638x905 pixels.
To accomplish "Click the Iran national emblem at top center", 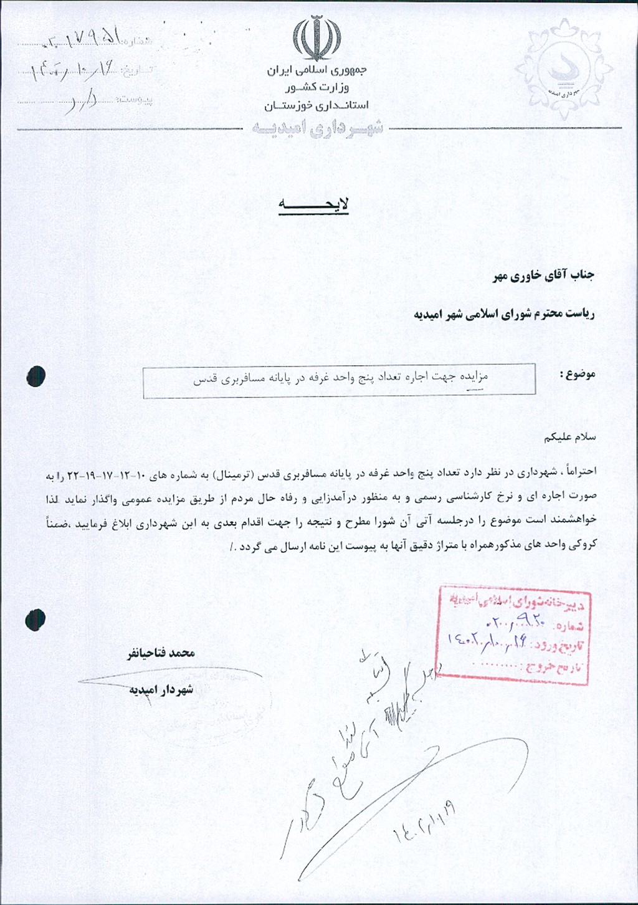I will point(317,38).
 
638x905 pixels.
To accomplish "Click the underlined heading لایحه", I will point(313,204).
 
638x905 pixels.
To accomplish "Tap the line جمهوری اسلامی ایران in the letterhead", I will point(317,70).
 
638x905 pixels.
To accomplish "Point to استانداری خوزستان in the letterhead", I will point(317,105).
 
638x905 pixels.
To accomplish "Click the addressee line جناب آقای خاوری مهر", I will point(544,275).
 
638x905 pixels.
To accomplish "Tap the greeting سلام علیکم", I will point(570,437).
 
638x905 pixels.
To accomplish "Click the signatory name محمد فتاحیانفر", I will point(161,653).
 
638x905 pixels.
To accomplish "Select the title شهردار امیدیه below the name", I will point(161,689).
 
